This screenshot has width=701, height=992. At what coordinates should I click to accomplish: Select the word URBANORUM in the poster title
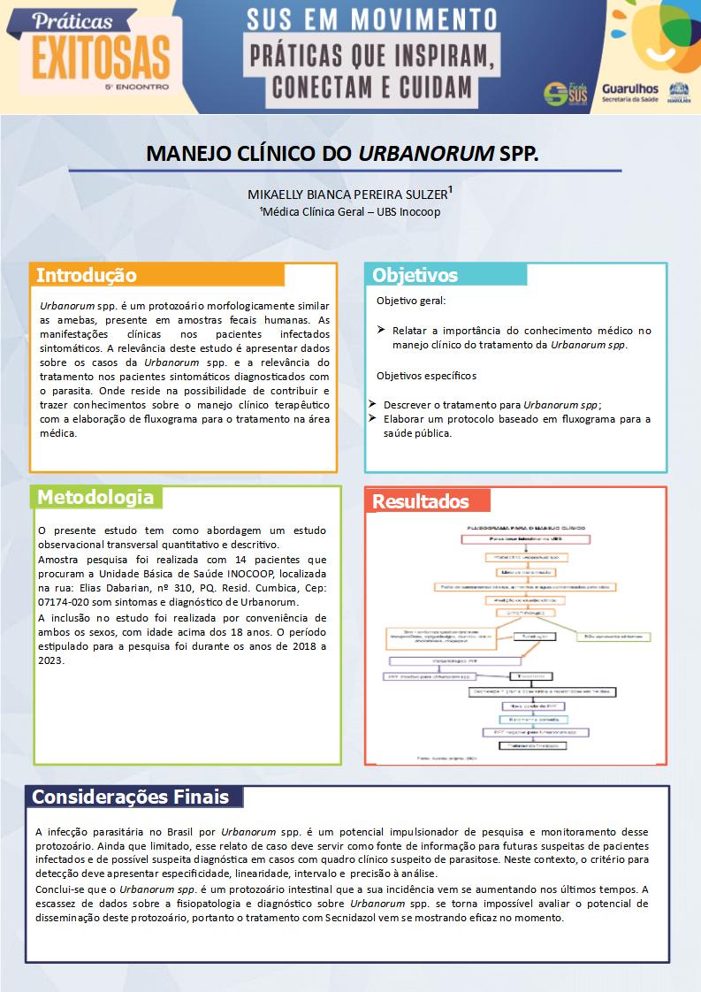(426, 153)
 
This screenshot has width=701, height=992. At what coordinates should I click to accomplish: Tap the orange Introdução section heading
(86, 275)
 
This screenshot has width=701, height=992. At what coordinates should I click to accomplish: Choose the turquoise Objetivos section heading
(415, 275)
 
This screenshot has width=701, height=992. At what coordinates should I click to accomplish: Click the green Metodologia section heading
(95, 498)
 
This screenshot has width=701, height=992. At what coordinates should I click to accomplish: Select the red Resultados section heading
(420, 501)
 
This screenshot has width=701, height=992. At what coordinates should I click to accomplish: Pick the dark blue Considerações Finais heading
(130, 797)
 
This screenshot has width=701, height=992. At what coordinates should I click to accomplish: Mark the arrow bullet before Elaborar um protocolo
(374, 418)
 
